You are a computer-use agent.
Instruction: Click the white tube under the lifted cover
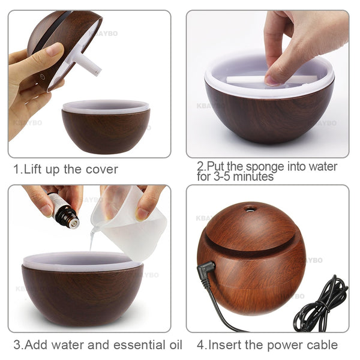pos(88,64)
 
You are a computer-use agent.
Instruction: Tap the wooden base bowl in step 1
pos(106,131)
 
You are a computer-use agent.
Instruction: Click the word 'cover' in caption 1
pos(99,169)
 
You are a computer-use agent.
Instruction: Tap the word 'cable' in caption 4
pos(320,345)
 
